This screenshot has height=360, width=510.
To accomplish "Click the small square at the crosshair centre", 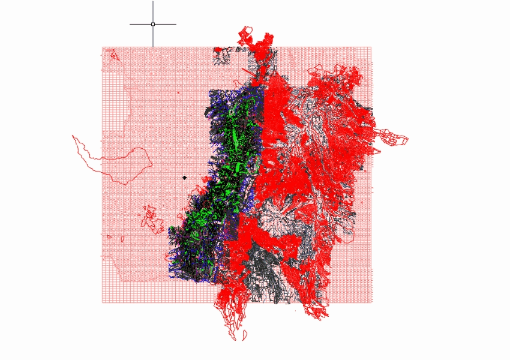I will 153,24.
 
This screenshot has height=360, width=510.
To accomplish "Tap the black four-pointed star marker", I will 184,178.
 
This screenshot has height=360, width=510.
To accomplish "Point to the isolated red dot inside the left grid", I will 178,92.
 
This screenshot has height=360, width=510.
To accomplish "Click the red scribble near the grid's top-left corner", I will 112,55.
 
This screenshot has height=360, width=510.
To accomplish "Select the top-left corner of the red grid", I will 103,47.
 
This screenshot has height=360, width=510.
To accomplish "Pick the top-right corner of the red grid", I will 371,47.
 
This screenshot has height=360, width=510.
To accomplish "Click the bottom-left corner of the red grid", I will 103,302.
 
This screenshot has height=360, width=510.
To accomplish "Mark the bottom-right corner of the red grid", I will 371,302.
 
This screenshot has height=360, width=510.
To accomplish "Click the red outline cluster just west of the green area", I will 152,218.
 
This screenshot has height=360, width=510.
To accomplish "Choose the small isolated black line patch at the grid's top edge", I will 221,56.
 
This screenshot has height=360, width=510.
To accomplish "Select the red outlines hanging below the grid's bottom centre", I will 231,315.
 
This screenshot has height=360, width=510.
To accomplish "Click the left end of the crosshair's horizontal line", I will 130,24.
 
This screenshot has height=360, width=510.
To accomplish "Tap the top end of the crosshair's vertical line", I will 153,2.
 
